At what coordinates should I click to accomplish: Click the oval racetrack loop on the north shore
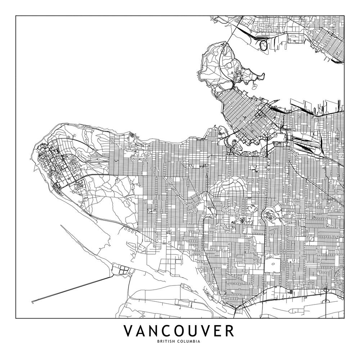pyautogui.click(x=264, y=45)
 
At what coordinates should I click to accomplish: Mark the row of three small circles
pyautogui.click(x=130, y=230)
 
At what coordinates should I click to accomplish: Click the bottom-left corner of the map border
pyautogui.click(x=16, y=318)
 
